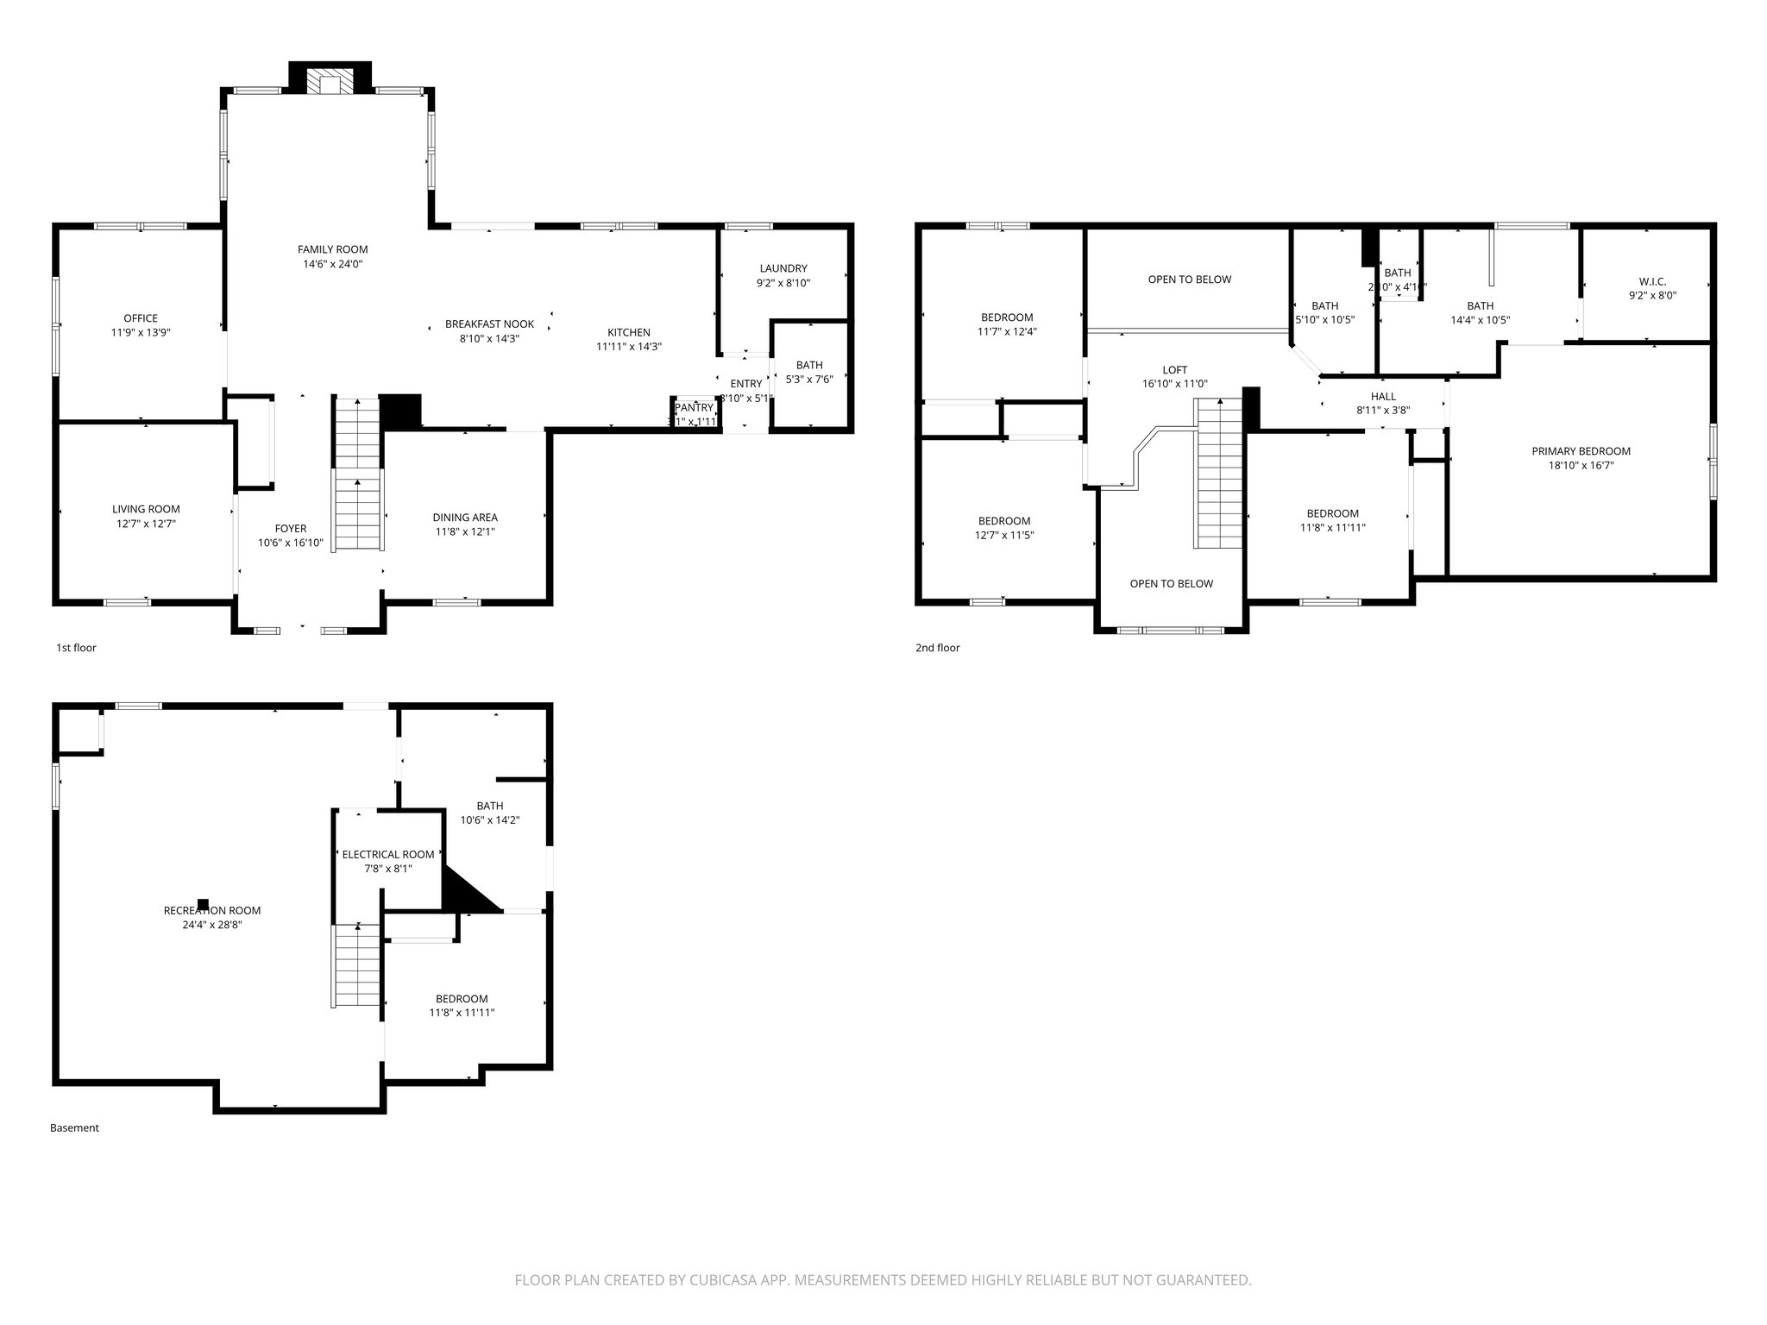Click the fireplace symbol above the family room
point(330,81)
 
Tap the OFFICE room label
point(141,318)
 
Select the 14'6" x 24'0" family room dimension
point(332,264)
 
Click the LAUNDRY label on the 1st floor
point(783,268)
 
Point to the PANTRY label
point(695,408)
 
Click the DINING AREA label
point(465,518)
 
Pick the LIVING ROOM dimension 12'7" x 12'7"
point(146,524)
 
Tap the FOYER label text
point(291,529)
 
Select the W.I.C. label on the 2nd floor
point(1652,281)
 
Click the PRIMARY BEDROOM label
point(1581,451)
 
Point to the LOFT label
point(1174,370)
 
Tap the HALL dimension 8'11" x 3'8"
point(1383,411)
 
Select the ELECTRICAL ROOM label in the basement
point(388,855)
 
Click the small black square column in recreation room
point(203,904)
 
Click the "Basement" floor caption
point(74,1127)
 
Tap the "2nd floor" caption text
point(937,648)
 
